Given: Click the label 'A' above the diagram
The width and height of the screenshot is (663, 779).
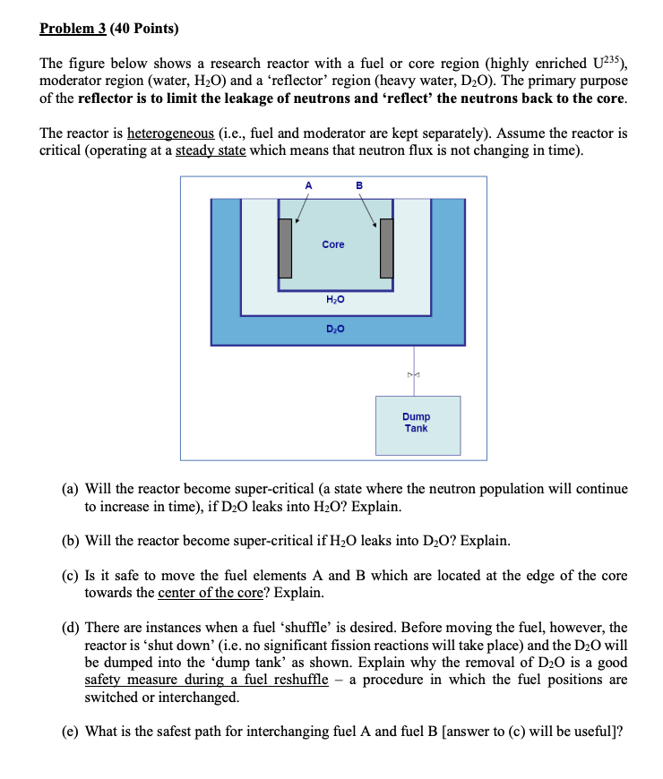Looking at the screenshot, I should coord(308,185).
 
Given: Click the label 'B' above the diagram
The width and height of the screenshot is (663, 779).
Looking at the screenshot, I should coord(360,185).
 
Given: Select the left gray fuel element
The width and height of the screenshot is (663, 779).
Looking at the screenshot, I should coord(286,247).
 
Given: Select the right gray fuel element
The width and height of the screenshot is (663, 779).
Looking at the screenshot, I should coord(387,247).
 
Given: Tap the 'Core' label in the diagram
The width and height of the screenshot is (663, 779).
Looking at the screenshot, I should coord(333,244).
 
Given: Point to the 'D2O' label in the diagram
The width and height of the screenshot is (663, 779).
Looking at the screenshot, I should coord(333,330).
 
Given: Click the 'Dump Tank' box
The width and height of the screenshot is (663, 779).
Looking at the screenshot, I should coord(417,424).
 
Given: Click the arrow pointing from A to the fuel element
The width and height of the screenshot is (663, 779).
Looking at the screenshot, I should coord(300,208).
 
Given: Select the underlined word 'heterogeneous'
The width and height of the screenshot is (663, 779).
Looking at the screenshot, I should coord(170,133).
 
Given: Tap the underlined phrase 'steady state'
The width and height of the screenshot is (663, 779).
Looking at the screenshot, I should coord(210,150).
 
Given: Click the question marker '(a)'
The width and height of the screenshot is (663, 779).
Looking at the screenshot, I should coord(71,490).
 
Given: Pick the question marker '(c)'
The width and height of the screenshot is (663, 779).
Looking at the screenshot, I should coord(71,576).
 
